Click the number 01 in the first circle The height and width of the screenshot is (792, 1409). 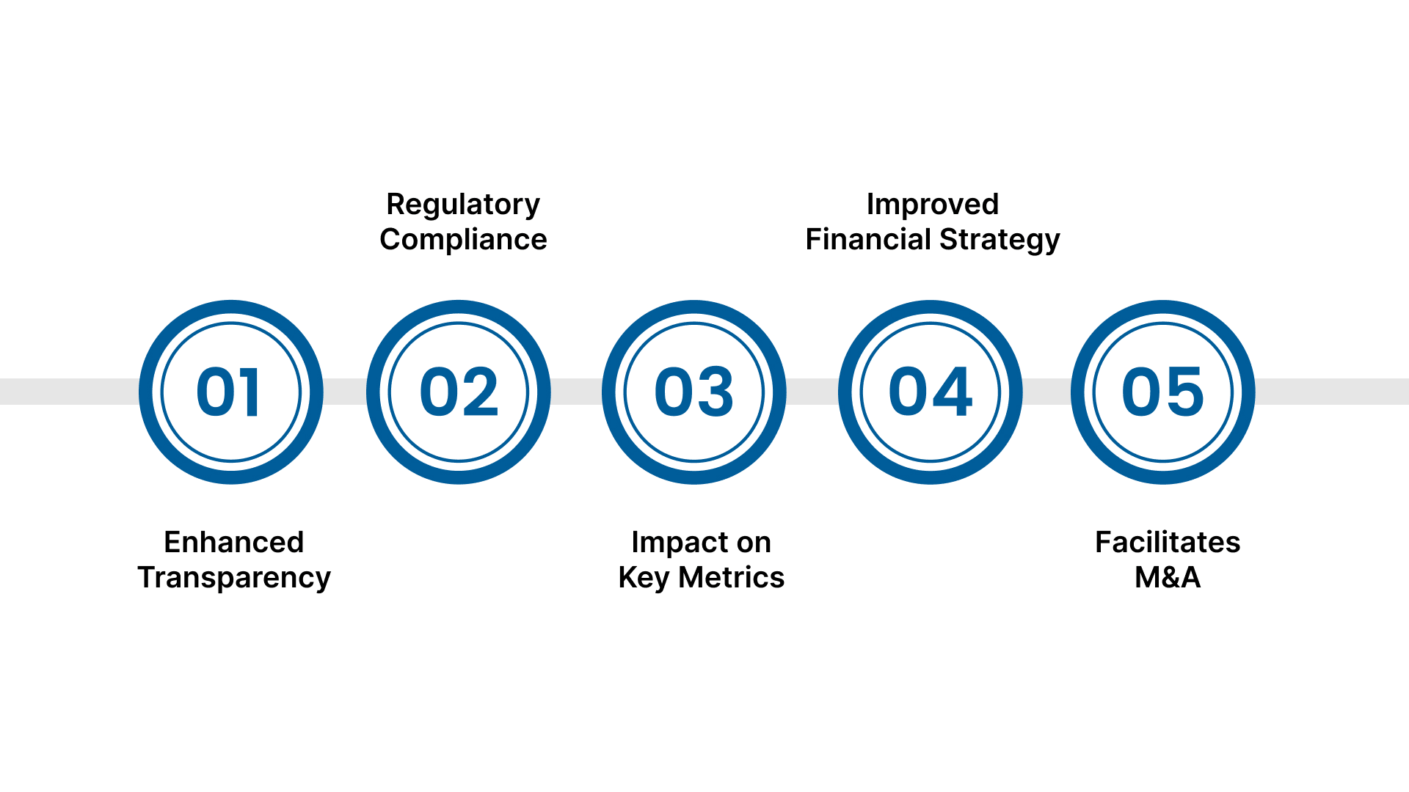point(228,392)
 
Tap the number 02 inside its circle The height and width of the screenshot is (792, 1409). point(459,392)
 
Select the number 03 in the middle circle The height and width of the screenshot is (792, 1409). point(693,392)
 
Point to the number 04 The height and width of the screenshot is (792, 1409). point(930,392)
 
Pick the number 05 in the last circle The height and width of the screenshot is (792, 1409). point(1162,392)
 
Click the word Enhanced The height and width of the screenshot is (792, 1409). point(233,542)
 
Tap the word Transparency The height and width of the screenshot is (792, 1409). point(233,578)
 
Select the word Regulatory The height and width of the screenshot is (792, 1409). point(463,205)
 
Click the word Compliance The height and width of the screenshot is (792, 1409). point(463,240)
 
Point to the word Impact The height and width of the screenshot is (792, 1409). point(665,543)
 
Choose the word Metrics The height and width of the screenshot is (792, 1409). point(731,577)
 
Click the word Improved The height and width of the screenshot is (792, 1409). point(932,204)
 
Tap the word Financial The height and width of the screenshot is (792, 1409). point(868,239)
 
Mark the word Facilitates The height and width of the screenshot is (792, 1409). point(1167,542)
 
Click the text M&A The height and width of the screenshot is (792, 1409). point(1167,577)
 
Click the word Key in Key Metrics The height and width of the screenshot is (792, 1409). point(644,578)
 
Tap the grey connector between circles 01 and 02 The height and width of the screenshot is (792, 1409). point(345,392)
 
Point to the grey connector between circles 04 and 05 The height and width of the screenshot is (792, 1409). point(1046,392)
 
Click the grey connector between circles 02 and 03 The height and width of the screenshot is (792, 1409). point(576,392)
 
